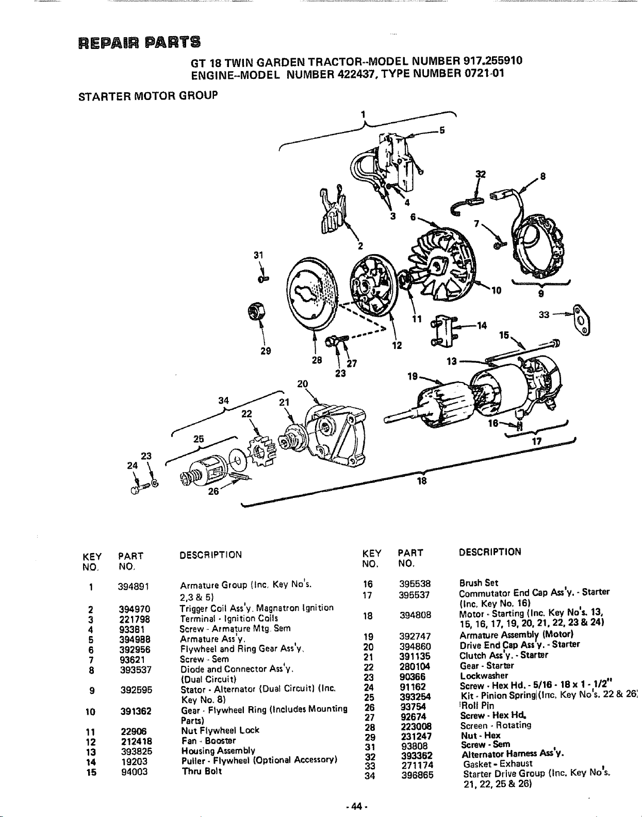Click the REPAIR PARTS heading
point(139,42)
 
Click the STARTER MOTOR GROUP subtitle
point(148,95)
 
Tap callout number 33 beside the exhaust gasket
point(544,315)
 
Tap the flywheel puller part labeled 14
point(445,331)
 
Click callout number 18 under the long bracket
point(422,481)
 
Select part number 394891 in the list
point(134,587)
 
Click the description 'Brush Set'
point(479,583)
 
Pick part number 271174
point(417,765)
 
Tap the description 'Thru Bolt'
point(202,771)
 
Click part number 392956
point(135,649)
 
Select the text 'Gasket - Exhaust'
point(498,763)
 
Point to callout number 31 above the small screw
point(258,255)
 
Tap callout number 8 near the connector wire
point(542,176)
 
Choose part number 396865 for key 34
point(418,775)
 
